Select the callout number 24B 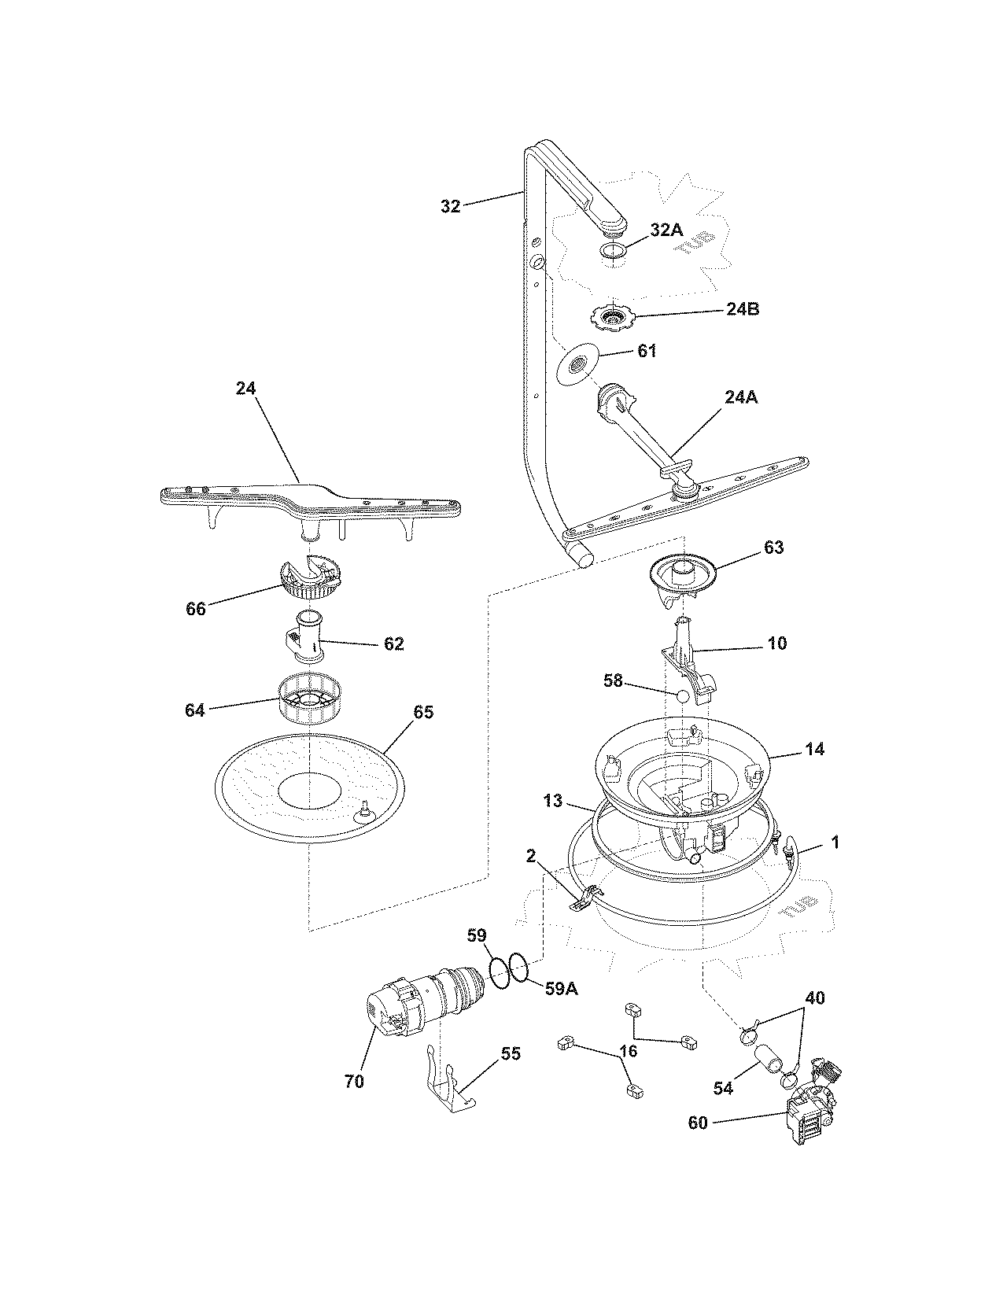[x=743, y=309]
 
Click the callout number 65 [x=423, y=712]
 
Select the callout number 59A [x=561, y=989]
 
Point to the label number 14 [x=815, y=749]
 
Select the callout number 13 [x=553, y=801]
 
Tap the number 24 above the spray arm [x=245, y=388]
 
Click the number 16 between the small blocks [x=627, y=1051]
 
